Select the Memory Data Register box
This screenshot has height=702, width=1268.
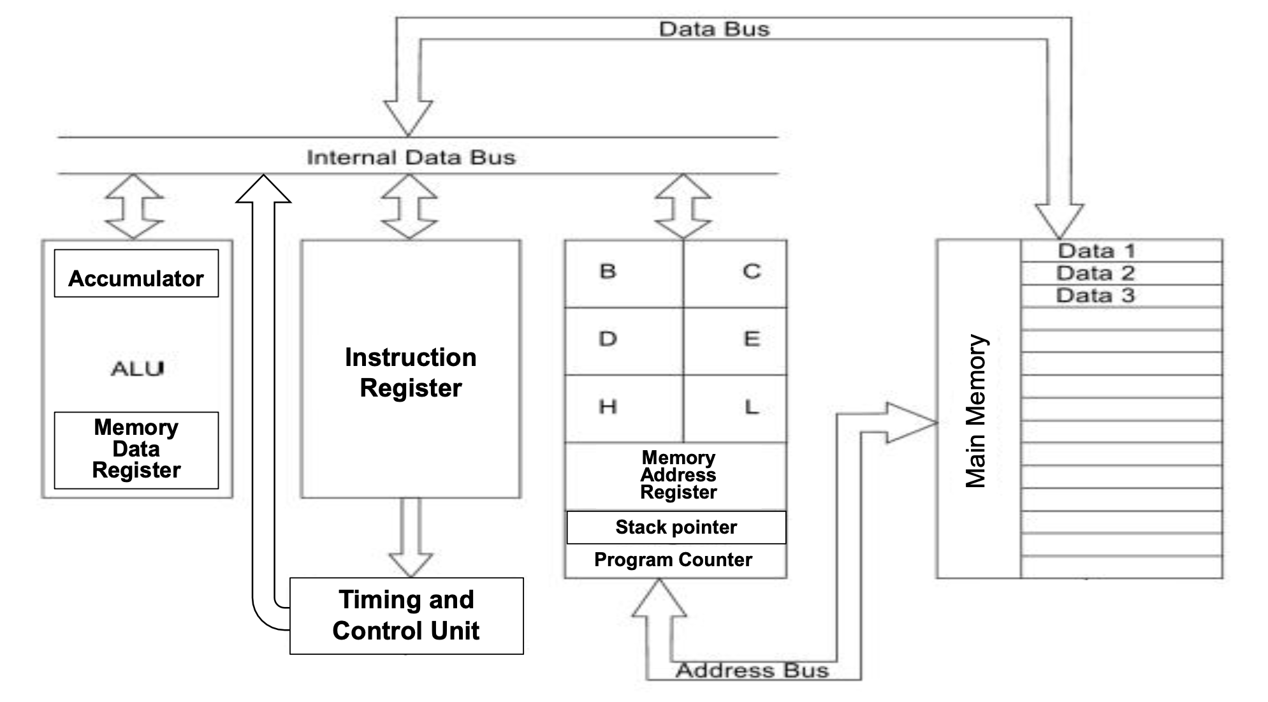[136, 450]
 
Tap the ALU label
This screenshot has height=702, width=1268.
[137, 369]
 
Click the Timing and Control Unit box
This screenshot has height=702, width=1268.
[406, 615]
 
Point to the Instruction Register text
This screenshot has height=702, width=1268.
[411, 372]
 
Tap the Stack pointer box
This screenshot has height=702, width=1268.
[676, 527]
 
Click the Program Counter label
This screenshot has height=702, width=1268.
[673, 560]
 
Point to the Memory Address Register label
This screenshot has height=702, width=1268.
[678, 475]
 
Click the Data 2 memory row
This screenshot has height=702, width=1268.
[1095, 273]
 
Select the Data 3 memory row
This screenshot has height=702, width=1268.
[1095, 296]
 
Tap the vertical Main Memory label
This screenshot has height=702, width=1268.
[976, 411]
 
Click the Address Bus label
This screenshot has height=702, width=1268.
[752, 671]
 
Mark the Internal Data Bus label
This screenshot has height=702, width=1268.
[411, 157]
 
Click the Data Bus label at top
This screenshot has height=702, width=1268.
[714, 29]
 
